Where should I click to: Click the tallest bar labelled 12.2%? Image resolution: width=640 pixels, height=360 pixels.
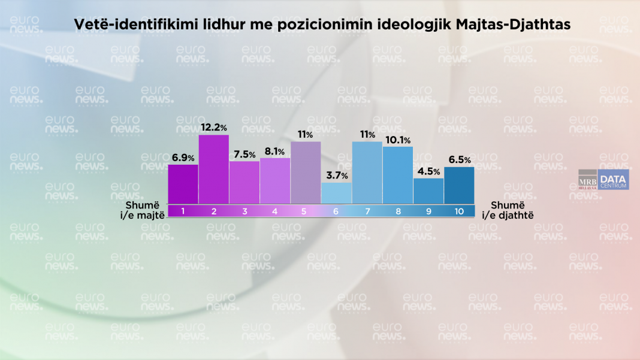(214, 169)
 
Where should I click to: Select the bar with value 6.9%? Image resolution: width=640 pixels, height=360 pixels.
(183, 184)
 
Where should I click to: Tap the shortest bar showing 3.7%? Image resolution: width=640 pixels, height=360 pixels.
(336, 193)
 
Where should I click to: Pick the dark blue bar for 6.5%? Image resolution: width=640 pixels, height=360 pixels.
(459, 185)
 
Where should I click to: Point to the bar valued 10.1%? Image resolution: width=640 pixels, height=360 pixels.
(398, 175)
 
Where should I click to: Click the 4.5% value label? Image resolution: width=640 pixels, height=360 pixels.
(428, 172)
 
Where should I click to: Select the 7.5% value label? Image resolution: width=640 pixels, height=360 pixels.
(244, 155)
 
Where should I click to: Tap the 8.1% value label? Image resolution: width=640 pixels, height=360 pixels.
(274, 152)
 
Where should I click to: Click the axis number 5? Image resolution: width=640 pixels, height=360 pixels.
(305, 211)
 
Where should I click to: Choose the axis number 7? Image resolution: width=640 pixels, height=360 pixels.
(367, 211)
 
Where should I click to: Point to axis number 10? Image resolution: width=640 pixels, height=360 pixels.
(458, 211)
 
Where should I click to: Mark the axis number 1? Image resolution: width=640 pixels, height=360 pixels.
(183, 211)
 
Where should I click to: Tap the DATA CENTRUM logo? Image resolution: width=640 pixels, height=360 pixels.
(613, 180)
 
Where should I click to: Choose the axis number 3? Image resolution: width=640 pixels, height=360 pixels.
(244, 211)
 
